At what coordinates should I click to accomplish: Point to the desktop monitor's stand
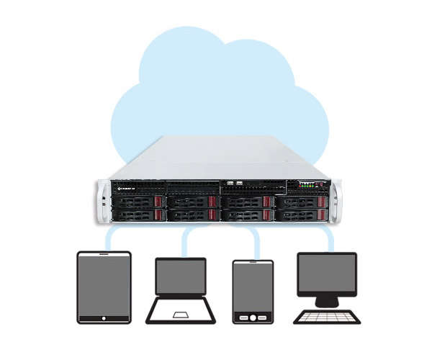click(x=327, y=301)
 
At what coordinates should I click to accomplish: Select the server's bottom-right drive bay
click(x=300, y=215)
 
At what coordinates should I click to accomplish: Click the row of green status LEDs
click(x=308, y=184)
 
